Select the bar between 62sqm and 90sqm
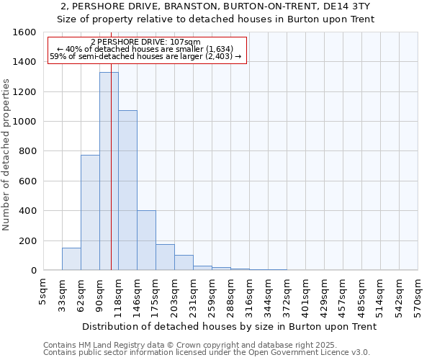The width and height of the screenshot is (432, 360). pos(90,212)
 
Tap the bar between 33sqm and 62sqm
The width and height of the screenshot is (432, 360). pos(71,258)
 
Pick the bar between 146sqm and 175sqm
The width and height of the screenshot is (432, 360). pos(146,240)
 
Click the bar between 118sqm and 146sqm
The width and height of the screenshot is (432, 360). pos(127,190)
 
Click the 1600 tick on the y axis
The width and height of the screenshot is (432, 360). pos(24,32)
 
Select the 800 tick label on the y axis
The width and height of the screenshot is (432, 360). pos(27,151)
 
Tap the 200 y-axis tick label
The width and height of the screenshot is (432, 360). pos(27,240)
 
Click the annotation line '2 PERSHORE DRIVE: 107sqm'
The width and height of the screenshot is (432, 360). pos(146,42)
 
